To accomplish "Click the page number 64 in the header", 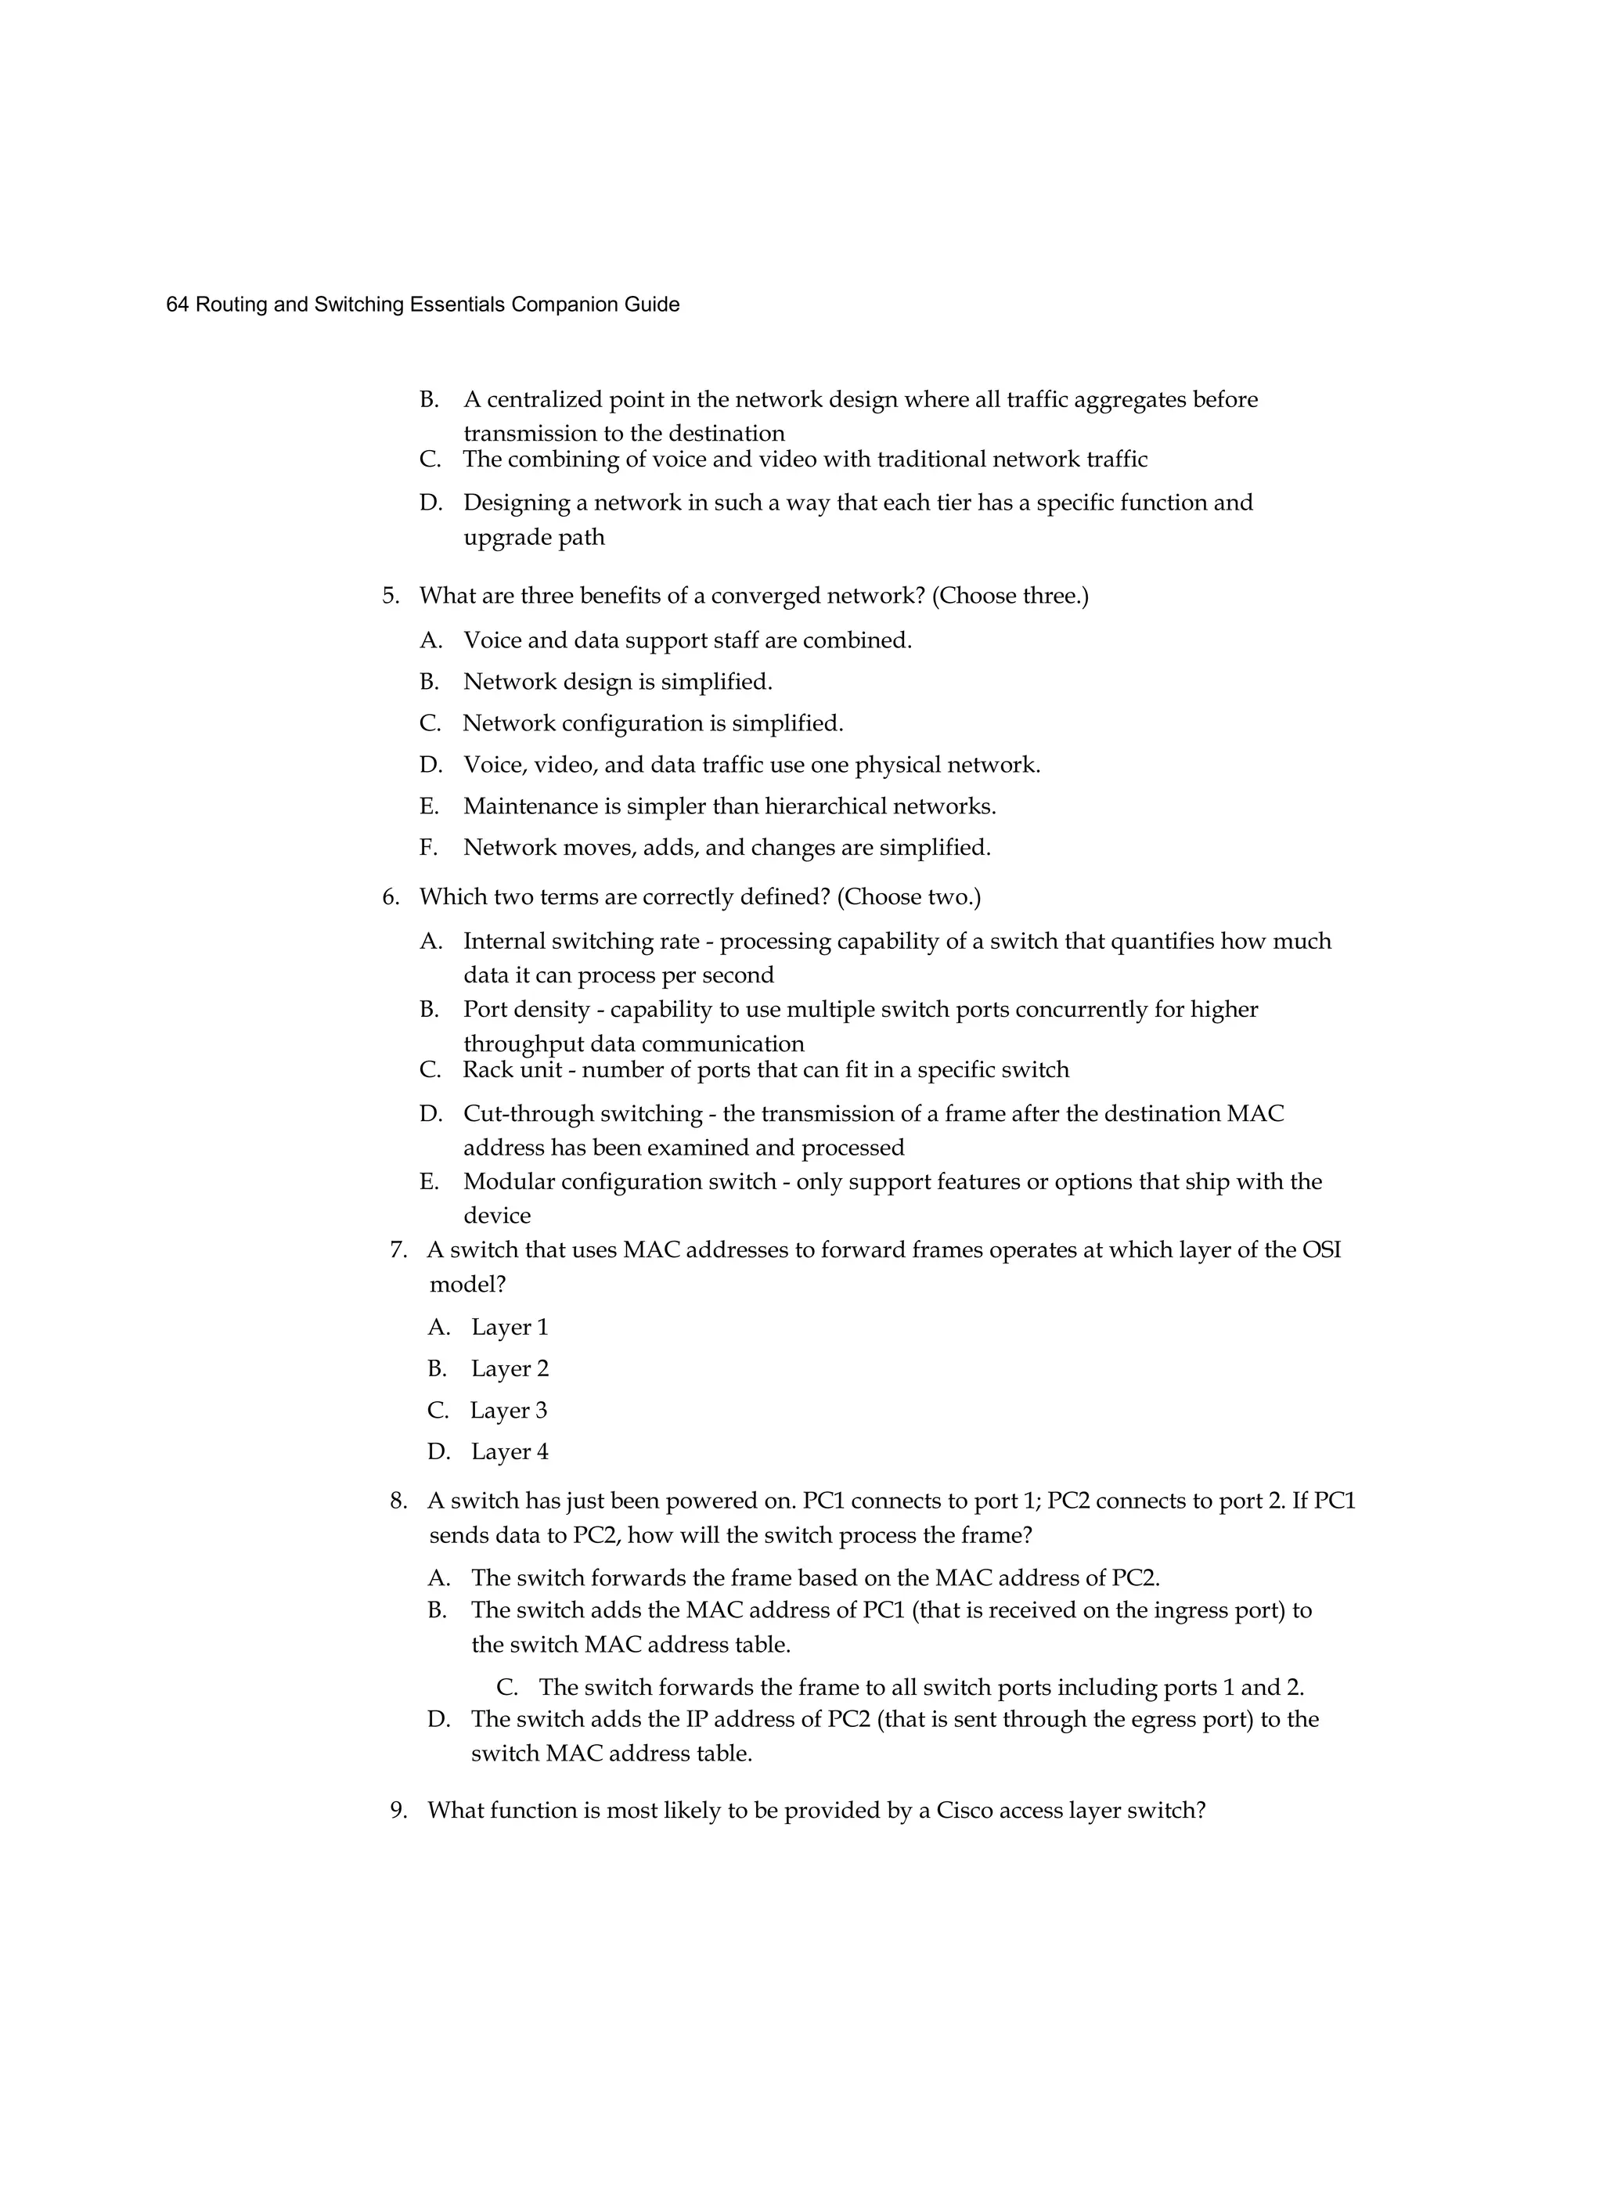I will (x=176, y=305).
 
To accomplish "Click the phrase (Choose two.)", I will (x=909, y=897).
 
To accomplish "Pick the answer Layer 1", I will (x=509, y=1328).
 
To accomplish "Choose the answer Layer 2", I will (x=509, y=1369).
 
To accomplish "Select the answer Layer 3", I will (x=508, y=1411).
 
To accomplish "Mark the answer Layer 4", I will (x=509, y=1452).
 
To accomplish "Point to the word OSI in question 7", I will (x=1321, y=1250).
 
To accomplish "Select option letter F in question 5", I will (x=428, y=848).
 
